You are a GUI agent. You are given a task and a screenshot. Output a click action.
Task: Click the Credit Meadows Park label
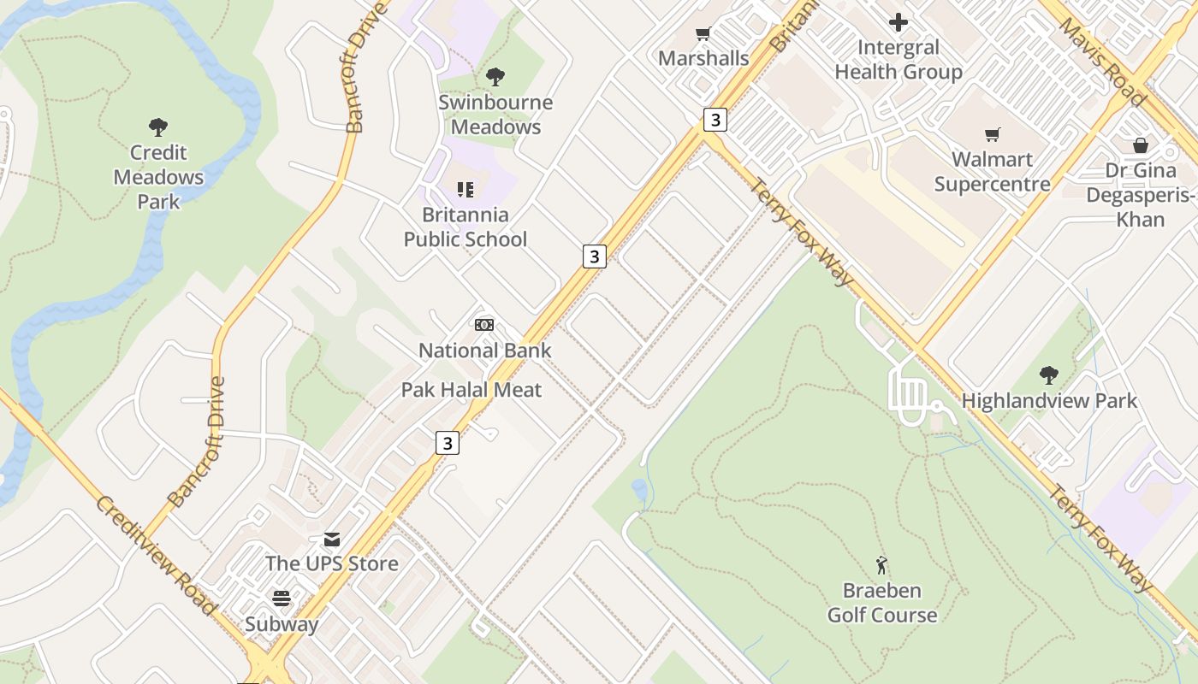158,177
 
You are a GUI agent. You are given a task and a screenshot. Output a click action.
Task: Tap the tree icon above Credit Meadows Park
158,127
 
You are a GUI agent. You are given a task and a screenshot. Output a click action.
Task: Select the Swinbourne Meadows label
495,115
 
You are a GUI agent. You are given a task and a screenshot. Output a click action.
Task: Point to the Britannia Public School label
466,227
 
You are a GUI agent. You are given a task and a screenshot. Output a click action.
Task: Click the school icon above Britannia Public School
466,189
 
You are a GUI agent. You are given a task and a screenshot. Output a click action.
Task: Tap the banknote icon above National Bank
484,325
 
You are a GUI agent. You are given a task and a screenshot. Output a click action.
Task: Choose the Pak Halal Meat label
471,390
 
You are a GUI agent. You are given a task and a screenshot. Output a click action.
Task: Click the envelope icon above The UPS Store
332,540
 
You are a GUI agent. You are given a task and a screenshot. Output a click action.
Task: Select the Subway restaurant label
282,624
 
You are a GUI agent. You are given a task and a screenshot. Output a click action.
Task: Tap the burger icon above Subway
282,598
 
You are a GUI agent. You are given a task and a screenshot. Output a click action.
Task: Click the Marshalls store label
703,58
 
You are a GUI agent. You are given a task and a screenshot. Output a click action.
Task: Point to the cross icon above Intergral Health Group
898,22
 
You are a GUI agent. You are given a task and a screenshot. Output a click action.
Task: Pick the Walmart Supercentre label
992,172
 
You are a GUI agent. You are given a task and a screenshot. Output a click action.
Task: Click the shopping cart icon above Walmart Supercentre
992,134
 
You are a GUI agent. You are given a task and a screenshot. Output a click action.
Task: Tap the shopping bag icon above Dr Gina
1141,145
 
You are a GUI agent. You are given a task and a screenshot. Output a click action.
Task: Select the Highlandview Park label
1049,400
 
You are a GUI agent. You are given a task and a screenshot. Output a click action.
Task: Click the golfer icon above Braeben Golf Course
882,565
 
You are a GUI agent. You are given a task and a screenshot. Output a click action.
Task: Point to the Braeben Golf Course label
882,603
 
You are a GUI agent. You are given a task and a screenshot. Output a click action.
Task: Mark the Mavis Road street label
1102,60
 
